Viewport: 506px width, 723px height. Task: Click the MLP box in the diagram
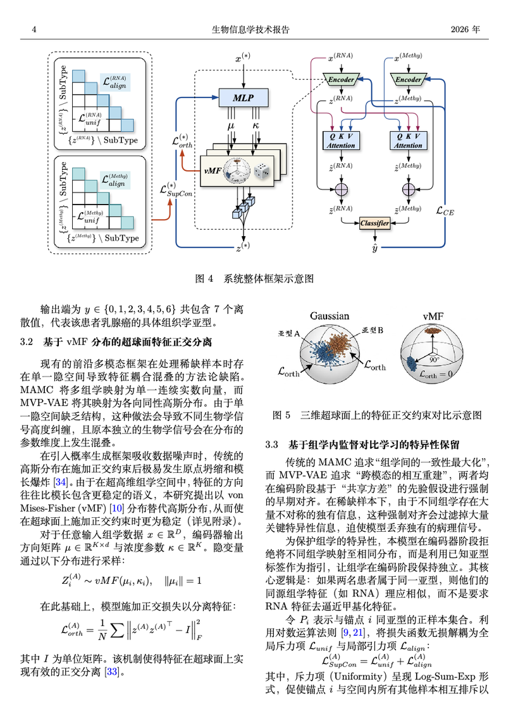pyautogui.click(x=244, y=97)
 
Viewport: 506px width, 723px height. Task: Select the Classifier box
pyautogui.click(x=374, y=223)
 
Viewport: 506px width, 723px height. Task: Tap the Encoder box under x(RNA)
pyautogui.click(x=341, y=79)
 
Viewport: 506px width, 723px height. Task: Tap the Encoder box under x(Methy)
pyautogui.click(x=409, y=79)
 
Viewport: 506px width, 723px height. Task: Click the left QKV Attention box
pyautogui.click(x=341, y=141)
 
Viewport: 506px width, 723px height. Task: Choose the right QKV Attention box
pyautogui.click(x=409, y=141)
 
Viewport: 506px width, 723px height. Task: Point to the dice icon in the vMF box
pyautogui.click(x=262, y=171)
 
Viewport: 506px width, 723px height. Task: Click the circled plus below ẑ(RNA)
pyautogui.click(x=341, y=189)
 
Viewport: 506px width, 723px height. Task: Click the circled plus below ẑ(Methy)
pyautogui.click(x=409, y=189)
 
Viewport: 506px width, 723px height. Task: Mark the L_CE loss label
pyautogui.click(x=445, y=211)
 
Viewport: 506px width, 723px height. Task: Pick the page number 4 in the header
pyautogui.click(x=34, y=30)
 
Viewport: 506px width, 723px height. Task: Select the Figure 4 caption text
pyautogui.click(x=254, y=279)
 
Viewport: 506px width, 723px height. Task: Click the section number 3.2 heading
pyautogui.click(x=27, y=342)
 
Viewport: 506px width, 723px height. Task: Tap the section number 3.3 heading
pyautogui.click(x=272, y=444)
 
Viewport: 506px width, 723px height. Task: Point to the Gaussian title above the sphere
pyautogui.click(x=330, y=316)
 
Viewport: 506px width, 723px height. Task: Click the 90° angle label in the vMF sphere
pyautogui.click(x=435, y=360)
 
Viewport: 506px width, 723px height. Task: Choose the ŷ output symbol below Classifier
pyautogui.click(x=374, y=248)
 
